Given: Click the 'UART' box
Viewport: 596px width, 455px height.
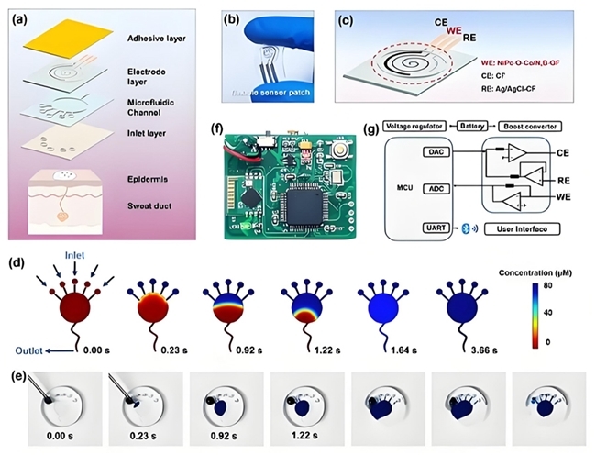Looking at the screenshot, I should tap(435, 226).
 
